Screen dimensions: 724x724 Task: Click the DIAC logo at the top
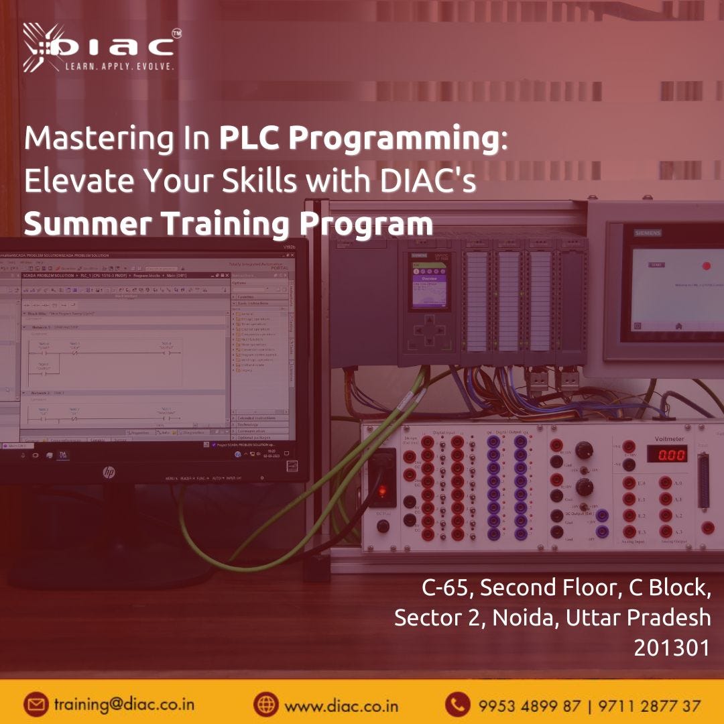pos(101,48)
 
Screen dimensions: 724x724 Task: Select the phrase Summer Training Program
pos(228,223)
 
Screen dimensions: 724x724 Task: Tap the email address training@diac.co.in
pos(124,705)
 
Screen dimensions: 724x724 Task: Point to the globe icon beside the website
pos(265,705)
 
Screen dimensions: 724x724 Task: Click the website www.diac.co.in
pos(341,706)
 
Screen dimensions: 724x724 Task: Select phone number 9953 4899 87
pos(530,706)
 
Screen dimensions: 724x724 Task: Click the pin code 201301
pos(672,648)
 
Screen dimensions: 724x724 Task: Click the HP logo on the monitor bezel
pos(109,473)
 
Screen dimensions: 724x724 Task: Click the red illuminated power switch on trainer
pos(383,491)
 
